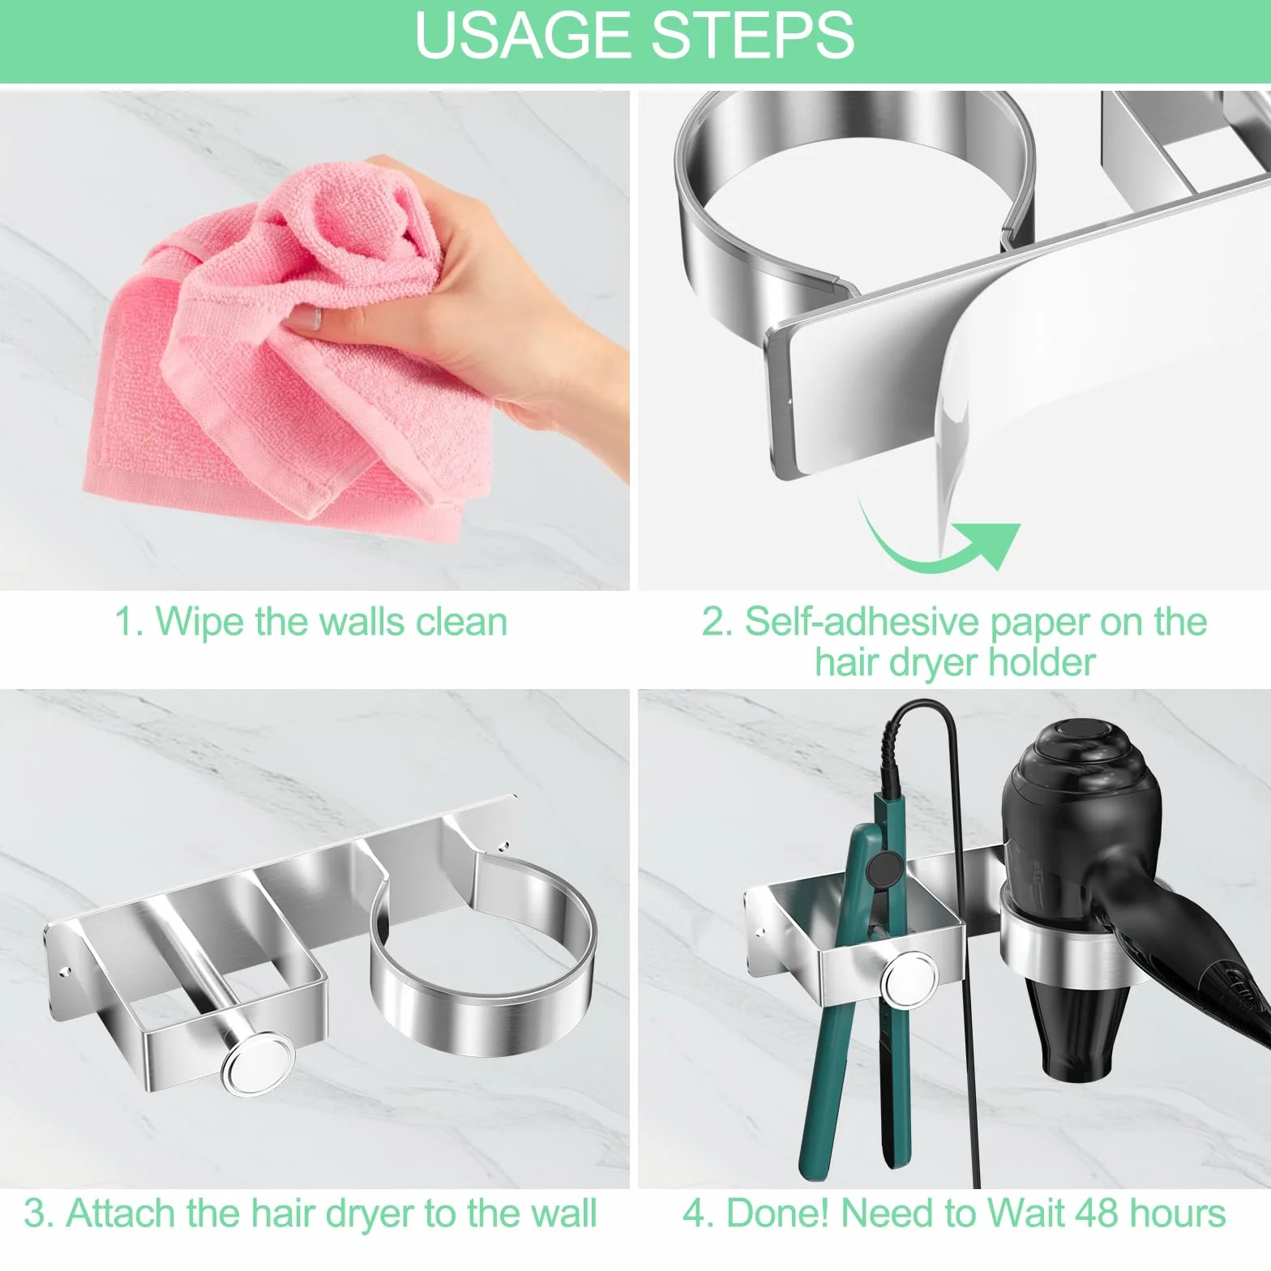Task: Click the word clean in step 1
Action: point(461,623)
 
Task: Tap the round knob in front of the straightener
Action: point(910,982)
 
